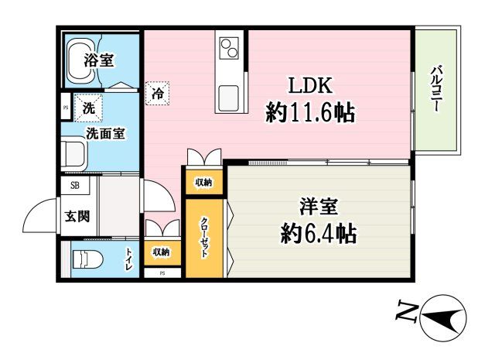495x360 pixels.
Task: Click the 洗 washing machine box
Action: (88, 109)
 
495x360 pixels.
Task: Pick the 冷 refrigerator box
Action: (157, 94)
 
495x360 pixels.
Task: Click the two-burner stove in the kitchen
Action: (230, 50)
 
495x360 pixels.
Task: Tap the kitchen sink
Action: (230, 98)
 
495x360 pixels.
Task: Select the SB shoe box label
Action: (75, 185)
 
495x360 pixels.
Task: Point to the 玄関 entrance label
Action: (77, 216)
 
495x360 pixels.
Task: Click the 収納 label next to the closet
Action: (203, 182)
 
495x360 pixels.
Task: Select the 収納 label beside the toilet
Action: (161, 252)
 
